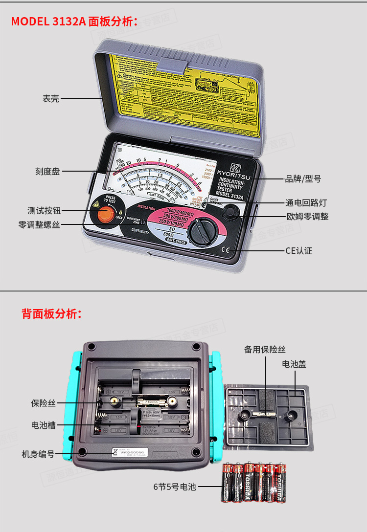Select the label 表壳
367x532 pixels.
[x=51, y=98]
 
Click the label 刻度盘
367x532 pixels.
[x=47, y=171]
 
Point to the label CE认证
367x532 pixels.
[x=298, y=251]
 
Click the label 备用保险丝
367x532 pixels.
[x=265, y=349]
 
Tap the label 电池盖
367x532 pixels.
[x=294, y=364]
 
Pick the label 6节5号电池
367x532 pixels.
[x=174, y=487]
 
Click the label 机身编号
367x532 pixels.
[x=38, y=454]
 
